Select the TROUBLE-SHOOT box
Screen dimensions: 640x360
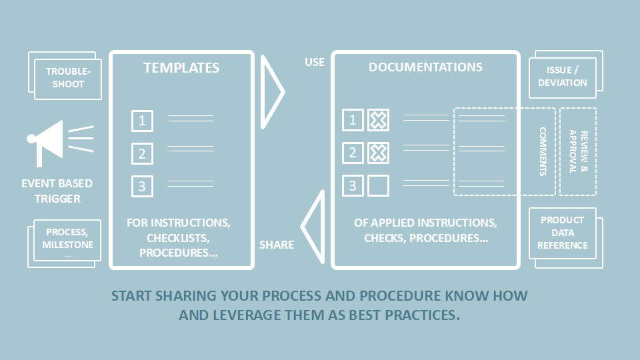(x=68, y=79)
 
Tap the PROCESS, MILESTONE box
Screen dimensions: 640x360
(x=67, y=240)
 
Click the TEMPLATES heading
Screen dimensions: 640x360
(x=181, y=68)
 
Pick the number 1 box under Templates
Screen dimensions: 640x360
(x=142, y=121)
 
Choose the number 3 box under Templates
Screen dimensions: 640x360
(x=142, y=186)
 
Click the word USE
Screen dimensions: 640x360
(x=315, y=63)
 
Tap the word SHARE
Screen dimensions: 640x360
(x=276, y=245)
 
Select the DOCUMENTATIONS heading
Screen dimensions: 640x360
(x=425, y=67)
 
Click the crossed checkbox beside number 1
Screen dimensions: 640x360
(x=378, y=120)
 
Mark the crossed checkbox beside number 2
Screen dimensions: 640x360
(x=378, y=153)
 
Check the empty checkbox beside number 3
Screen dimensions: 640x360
(x=378, y=186)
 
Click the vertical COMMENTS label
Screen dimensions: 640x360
(x=543, y=151)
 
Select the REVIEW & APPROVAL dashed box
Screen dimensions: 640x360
(x=578, y=151)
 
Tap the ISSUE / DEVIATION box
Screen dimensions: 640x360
(x=563, y=77)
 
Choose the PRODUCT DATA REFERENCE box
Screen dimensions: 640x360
(x=563, y=233)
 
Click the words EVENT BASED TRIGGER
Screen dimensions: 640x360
(x=57, y=191)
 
